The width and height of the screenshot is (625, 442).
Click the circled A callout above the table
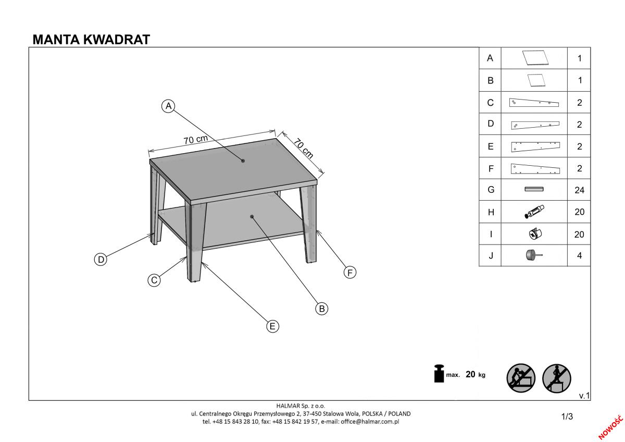pos(169,106)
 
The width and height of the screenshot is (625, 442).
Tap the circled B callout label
pos(322,309)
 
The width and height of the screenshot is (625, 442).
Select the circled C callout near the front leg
pos(154,280)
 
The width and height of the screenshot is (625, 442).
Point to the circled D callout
pos(101,260)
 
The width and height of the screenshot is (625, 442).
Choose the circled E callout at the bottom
pos(272,326)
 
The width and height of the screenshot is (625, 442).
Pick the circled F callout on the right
pos(350,272)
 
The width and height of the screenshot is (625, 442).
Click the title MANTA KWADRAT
pos(91,40)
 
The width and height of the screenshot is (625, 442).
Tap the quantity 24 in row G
pos(579,190)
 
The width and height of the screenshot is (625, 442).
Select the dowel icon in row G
pos(534,189)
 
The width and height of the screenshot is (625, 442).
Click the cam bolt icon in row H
pos(534,212)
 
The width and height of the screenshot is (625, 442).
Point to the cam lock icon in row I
pos(535,234)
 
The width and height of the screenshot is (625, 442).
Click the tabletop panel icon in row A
pos(535,58)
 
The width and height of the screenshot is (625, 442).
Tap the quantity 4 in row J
pos(579,255)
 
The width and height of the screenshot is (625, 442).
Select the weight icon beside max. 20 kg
pos(439,374)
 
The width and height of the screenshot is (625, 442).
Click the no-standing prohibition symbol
pos(556,378)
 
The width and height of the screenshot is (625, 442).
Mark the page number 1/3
pos(567,416)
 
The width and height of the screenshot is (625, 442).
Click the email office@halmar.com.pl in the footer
pos(370,422)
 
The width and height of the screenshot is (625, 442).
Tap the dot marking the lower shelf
pos(252,217)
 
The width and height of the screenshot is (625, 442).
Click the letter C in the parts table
pos(490,103)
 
